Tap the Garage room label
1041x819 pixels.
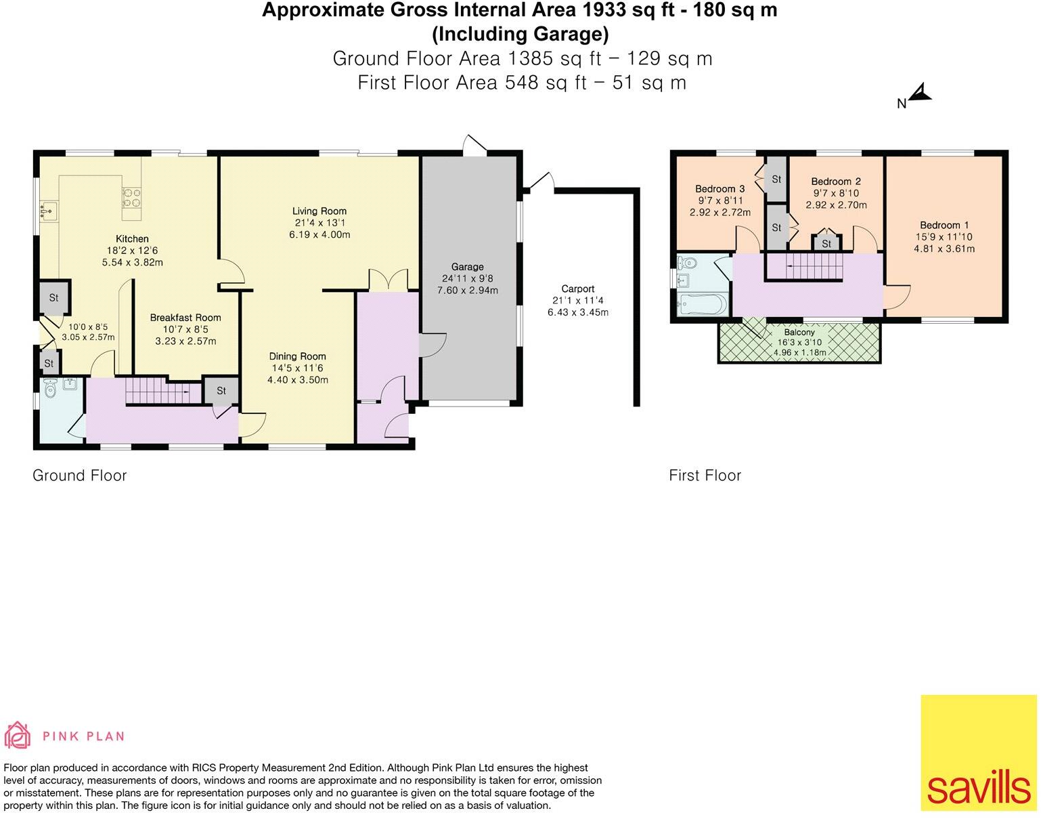(x=467, y=267)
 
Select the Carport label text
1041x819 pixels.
(x=577, y=289)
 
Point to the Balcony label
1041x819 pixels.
(x=799, y=333)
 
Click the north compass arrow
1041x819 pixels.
(x=920, y=93)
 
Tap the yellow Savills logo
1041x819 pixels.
(x=978, y=753)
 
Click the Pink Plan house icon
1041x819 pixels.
(x=18, y=736)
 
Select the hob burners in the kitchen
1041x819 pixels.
(x=131, y=197)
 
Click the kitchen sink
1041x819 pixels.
(x=47, y=211)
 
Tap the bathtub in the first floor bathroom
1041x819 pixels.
(x=702, y=305)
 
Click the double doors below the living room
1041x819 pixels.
(x=389, y=280)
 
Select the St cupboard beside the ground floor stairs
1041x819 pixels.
(x=221, y=391)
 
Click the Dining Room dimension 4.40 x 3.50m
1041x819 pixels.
(x=298, y=380)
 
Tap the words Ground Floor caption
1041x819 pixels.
(x=80, y=476)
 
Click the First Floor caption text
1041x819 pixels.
(x=705, y=476)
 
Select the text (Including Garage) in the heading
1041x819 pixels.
(x=520, y=34)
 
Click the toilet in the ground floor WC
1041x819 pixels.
(x=49, y=390)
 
